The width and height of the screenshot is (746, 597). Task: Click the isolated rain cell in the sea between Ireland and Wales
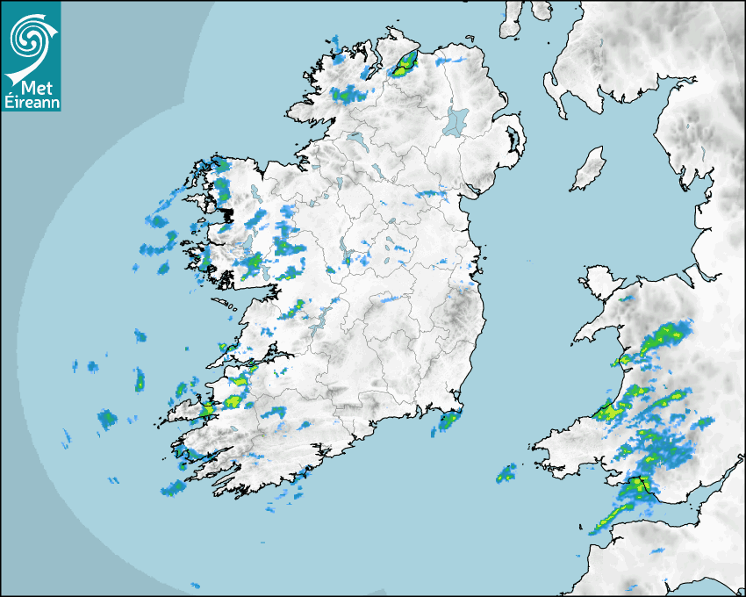[x=506, y=475]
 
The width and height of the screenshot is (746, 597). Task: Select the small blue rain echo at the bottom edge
[x=195, y=585]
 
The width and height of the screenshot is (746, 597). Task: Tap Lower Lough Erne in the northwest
[x=356, y=140]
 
